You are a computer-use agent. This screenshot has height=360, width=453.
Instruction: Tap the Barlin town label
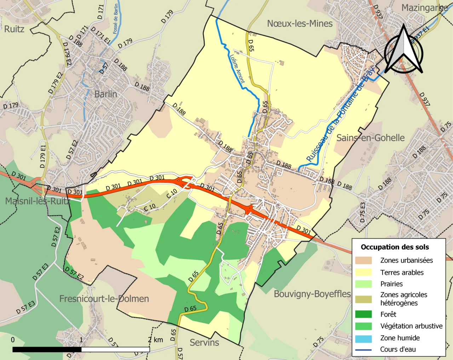tap(105, 94)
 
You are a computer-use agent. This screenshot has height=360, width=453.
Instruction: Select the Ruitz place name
tap(14, 29)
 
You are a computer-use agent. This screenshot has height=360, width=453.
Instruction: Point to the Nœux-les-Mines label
tap(300, 24)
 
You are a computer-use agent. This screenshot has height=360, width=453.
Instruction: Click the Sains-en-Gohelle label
tap(370, 138)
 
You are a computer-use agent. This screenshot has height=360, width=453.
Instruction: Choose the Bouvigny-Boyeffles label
tap(312, 294)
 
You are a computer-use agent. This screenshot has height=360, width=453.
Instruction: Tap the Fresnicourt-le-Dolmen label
tap(104, 299)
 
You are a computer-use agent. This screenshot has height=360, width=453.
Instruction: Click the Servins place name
tap(204, 342)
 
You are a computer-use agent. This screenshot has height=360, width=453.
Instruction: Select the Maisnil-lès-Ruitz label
tap(38, 201)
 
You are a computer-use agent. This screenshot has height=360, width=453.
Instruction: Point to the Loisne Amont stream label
tap(237, 69)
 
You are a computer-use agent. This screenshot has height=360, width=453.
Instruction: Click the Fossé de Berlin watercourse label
tap(116, 19)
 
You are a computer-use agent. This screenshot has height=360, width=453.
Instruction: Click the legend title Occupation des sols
tap(395, 247)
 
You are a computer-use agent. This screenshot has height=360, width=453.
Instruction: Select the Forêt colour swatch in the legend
tap(363, 314)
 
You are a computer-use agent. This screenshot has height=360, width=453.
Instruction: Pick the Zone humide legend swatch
tap(363, 338)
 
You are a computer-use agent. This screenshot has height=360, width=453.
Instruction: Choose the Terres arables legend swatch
tap(363, 272)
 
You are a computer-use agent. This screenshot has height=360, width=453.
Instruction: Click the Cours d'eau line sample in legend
tap(363, 350)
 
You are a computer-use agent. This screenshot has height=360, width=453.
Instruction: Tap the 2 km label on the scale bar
tap(155, 340)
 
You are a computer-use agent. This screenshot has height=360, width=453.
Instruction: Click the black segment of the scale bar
tap(47, 349)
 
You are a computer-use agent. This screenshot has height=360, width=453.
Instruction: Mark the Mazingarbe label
tap(424, 8)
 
